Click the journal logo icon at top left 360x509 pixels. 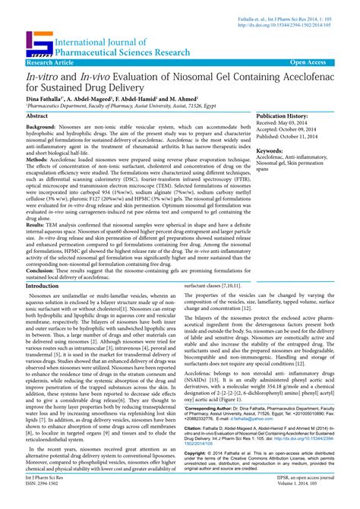pos(39,44)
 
